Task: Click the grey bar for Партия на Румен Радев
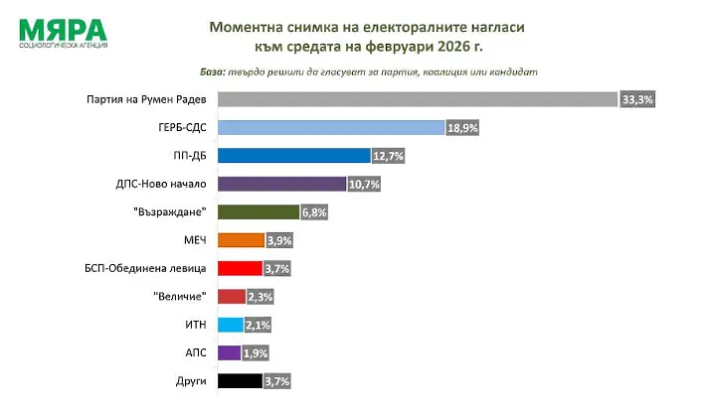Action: [x=418, y=99]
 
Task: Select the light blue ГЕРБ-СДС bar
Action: [x=330, y=127]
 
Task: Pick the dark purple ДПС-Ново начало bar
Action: [x=281, y=184]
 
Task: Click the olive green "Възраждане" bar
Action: [x=258, y=211]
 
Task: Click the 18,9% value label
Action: [x=461, y=128]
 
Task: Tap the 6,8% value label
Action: [x=314, y=211]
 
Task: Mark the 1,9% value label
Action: [x=256, y=352]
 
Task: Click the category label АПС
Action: [x=195, y=352]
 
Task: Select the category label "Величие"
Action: [x=181, y=296]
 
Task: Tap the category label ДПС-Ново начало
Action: [x=161, y=184]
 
